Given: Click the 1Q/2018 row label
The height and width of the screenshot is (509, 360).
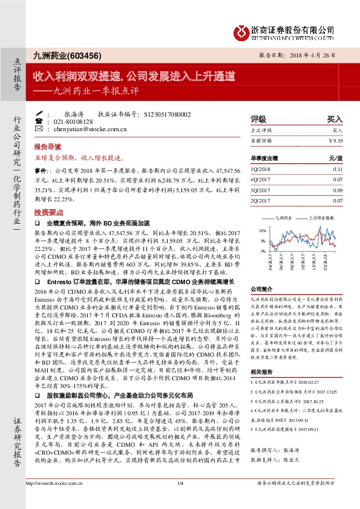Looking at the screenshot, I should pyautogui.click(x=260, y=170).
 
